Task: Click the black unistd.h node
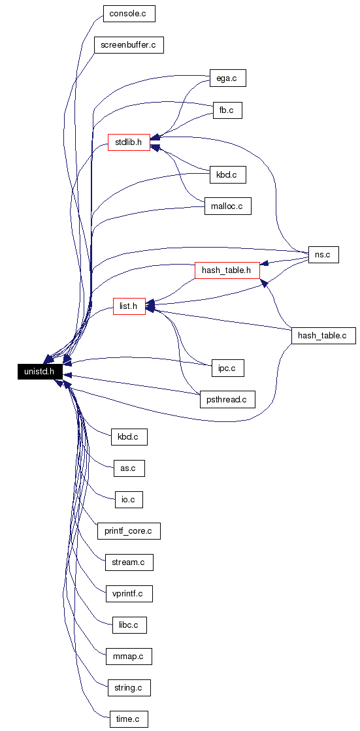pyautogui.click(x=40, y=372)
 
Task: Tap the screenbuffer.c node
pyautogui.click(x=129, y=45)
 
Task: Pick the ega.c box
pyautogui.click(x=227, y=78)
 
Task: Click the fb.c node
pyautogui.click(x=227, y=110)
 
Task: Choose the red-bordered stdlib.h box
pyautogui.click(x=129, y=142)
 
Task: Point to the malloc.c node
pyautogui.click(x=227, y=206)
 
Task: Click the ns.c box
pyautogui.click(x=323, y=255)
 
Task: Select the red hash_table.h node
pyautogui.click(x=227, y=270)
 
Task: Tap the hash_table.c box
pyautogui.click(x=323, y=336)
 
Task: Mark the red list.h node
pyautogui.click(x=129, y=306)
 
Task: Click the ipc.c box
pyautogui.click(x=227, y=368)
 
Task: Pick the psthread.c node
pyautogui.click(x=227, y=400)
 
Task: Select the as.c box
pyautogui.click(x=129, y=468)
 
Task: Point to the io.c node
pyautogui.click(x=129, y=499)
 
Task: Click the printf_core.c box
pyautogui.click(x=129, y=531)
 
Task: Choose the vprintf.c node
pyautogui.click(x=129, y=593)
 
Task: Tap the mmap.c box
pyautogui.click(x=129, y=657)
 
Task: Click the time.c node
pyautogui.click(x=129, y=719)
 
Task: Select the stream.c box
pyautogui.click(x=129, y=562)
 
